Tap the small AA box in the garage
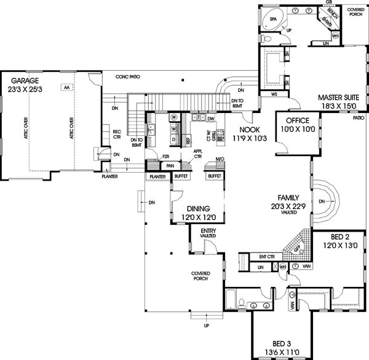(x=65, y=88)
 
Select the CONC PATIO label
(x=132, y=77)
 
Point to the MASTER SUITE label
(x=338, y=97)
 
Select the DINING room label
(x=196, y=208)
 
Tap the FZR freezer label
(x=165, y=157)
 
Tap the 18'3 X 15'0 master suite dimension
(x=338, y=106)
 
